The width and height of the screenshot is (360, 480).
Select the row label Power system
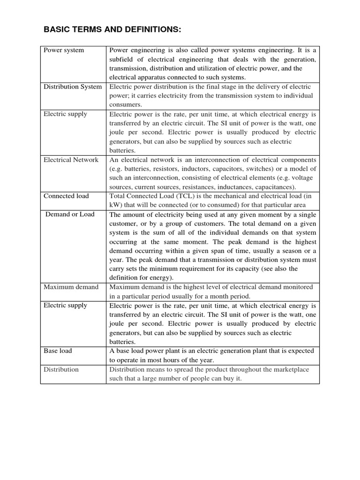(64, 50)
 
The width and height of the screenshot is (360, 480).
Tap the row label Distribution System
(72, 87)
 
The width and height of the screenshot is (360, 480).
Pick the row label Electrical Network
(71, 160)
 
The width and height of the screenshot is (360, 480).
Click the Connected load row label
(66, 196)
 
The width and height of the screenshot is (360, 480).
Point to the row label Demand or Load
(70, 214)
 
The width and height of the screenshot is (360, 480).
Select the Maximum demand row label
(71, 287)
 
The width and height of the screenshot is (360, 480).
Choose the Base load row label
(58, 351)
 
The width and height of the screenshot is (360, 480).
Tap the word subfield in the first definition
(123, 60)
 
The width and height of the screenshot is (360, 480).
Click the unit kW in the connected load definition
(115, 205)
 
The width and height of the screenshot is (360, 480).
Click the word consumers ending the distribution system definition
(125, 105)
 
